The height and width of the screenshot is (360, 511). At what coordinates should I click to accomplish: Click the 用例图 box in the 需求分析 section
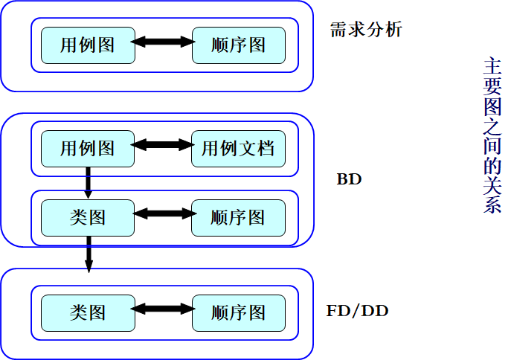pos(88,45)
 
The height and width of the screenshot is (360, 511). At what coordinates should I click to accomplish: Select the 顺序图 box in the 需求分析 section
pos(238,45)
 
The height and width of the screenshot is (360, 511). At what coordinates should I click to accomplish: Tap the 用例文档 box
pos(238,149)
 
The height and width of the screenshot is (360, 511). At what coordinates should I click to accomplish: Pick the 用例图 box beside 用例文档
pos(88,149)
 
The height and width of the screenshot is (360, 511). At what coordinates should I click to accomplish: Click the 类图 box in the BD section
pos(88,217)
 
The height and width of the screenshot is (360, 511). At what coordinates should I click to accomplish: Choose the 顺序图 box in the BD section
pos(238,217)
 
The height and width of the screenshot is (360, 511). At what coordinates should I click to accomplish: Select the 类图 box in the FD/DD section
pos(88,312)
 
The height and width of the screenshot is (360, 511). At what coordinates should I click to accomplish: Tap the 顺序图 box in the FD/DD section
pos(238,312)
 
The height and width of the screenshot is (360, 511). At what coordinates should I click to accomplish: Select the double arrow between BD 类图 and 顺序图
pos(163,213)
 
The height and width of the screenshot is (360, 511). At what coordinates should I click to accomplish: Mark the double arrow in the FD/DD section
pos(163,309)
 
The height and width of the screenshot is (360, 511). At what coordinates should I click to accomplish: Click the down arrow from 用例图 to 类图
pos(89,183)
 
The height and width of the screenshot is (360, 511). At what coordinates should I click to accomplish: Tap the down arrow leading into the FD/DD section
pos(89,254)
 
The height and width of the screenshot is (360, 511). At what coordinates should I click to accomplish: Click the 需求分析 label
pos(366,30)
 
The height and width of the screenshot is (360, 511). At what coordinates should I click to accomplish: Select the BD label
pos(349,180)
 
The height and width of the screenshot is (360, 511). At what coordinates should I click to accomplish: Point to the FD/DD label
pos(358,310)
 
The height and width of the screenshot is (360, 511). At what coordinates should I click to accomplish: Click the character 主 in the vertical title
pos(492,67)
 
